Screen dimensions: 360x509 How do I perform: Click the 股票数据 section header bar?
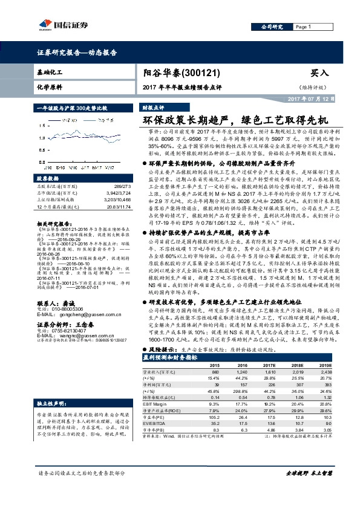(71, 179)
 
